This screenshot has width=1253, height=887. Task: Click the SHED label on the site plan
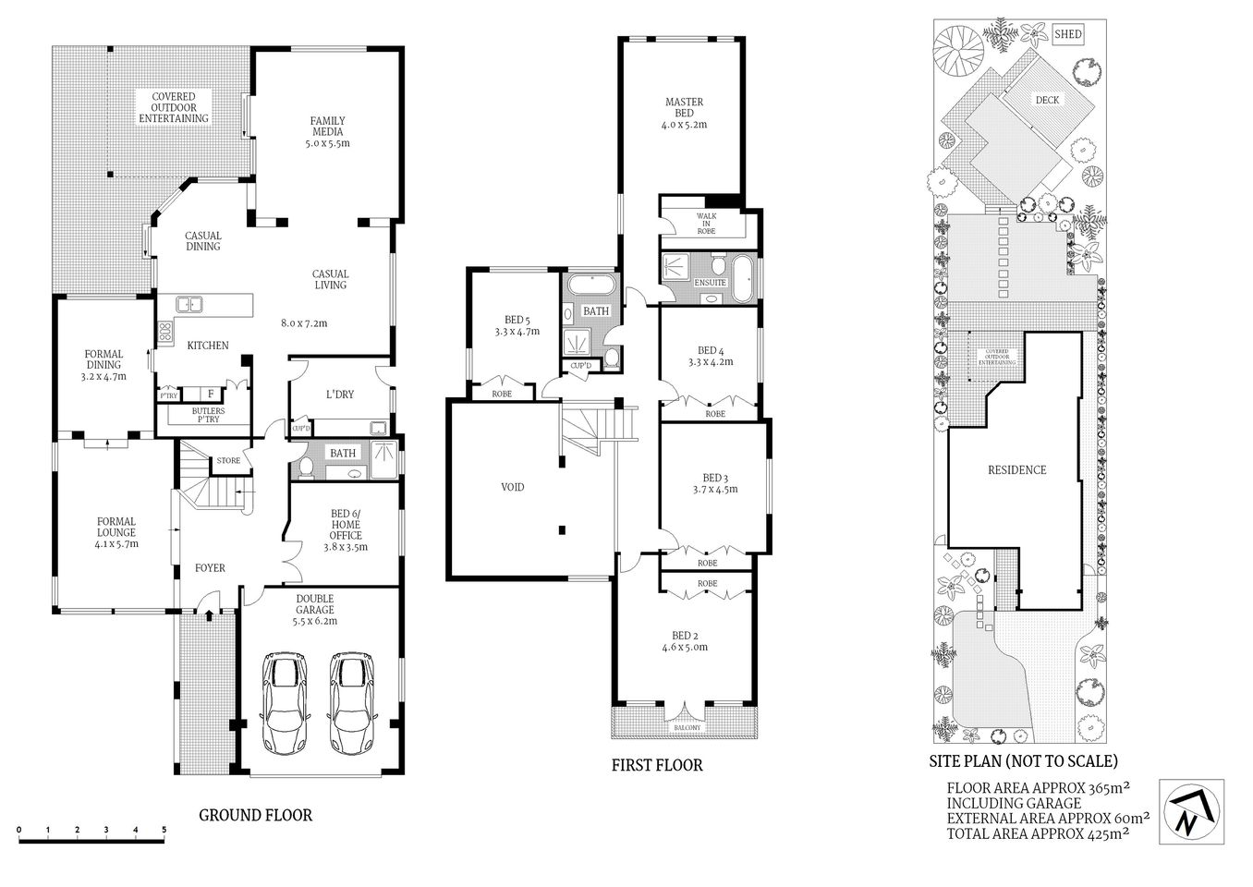click(x=1067, y=34)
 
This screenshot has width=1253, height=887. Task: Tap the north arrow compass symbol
click(x=1191, y=811)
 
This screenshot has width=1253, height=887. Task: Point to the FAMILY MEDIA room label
click(x=327, y=131)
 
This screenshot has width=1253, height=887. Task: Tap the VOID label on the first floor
click(x=512, y=487)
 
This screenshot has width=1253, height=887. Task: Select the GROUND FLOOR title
click(x=256, y=815)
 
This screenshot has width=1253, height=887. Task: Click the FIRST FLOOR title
click(x=657, y=765)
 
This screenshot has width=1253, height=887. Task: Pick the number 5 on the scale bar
click(x=164, y=829)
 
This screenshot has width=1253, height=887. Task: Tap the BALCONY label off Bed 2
click(x=687, y=728)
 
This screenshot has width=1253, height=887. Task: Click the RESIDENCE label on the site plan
click(x=1016, y=469)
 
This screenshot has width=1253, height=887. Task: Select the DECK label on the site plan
click(x=1047, y=100)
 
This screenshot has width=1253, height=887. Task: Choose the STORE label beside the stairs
click(x=228, y=460)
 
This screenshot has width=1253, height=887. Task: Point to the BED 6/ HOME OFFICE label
click(x=346, y=530)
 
